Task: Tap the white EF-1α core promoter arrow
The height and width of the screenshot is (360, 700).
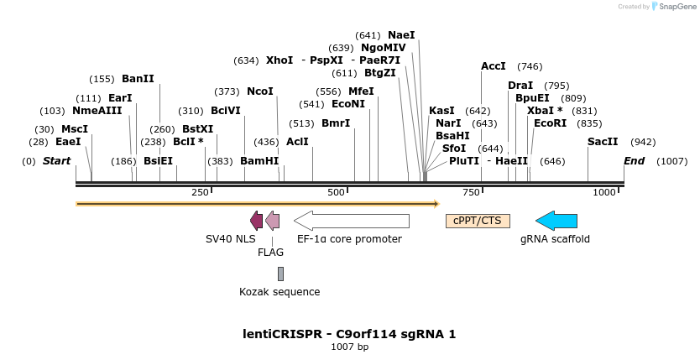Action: click(x=352, y=221)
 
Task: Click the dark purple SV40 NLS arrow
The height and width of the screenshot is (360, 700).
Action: click(x=257, y=221)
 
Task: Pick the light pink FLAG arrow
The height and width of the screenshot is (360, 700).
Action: click(x=272, y=221)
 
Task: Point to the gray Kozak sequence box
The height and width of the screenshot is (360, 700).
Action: click(x=280, y=274)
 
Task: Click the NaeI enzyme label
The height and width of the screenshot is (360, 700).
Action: click(x=401, y=35)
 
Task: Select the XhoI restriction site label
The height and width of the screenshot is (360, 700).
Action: click(x=279, y=60)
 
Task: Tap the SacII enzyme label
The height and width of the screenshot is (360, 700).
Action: click(x=603, y=142)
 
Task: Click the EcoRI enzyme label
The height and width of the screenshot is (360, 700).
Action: click(x=550, y=123)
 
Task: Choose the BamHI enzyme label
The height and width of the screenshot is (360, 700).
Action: click(x=259, y=161)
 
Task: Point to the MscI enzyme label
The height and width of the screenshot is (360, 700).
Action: click(x=74, y=129)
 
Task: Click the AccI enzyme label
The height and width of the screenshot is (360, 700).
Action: click(x=494, y=66)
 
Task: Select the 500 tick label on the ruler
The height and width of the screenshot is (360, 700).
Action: click(x=336, y=193)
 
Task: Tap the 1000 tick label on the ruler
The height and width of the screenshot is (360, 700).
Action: click(x=604, y=193)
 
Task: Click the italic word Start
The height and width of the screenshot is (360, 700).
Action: click(x=56, y=161)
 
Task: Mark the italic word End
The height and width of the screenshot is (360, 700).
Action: click(x=635, y=161)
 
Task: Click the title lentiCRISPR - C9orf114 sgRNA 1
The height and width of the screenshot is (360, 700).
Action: click(x=349, y=334)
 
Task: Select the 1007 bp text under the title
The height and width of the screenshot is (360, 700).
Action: click(x=349, y=347)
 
